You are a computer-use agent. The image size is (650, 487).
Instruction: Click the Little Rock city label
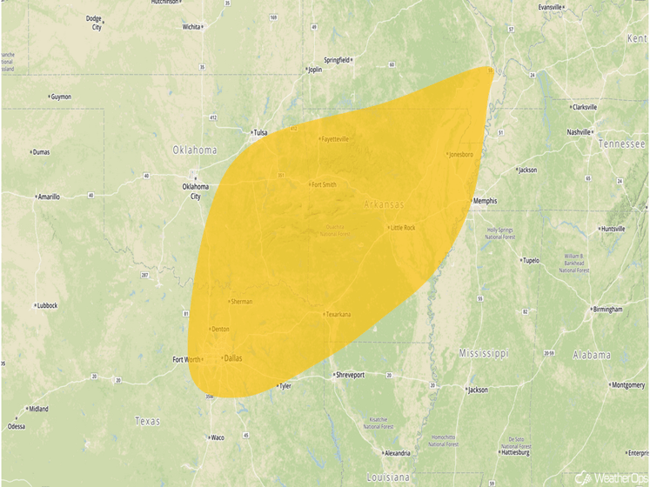tap(403, 228)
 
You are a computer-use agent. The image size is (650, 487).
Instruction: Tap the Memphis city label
tap(485, 201)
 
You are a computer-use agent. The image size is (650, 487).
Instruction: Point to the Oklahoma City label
tap(195, 190)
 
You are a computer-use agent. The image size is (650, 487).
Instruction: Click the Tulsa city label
tap(259, 133)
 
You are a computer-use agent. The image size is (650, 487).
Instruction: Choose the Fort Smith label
tap(324, 184)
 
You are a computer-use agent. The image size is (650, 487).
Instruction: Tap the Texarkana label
tap(338, 314)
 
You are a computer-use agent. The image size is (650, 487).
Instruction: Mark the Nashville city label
tap(579, 132)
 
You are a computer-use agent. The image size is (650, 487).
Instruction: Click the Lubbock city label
tap(46, 305)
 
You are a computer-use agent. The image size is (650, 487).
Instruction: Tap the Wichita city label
tap(191, 27)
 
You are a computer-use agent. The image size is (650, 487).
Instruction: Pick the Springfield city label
tap(338, 60)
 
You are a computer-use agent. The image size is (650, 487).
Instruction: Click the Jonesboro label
tap(461, 155)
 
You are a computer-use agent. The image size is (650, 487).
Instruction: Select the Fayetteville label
tap(335, 139)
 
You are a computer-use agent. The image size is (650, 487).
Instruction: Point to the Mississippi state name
tap(484, 354)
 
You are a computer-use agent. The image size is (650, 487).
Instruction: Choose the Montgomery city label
tap(627, 385)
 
